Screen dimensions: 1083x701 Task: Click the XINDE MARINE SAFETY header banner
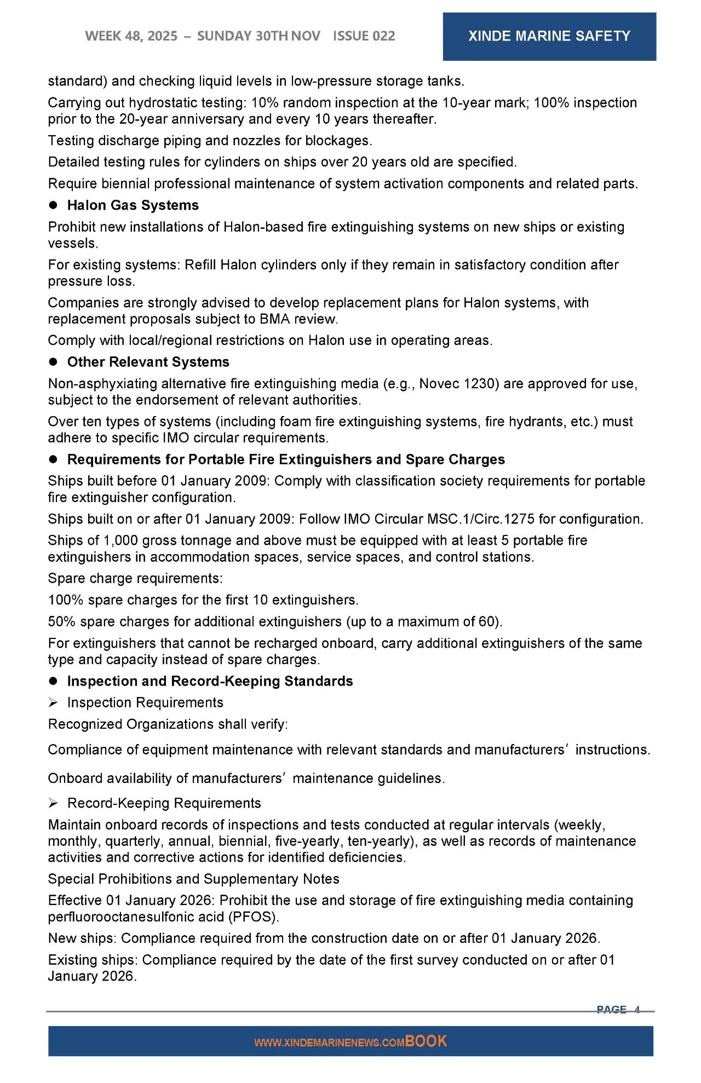pyautogui.click(x=549, y=36)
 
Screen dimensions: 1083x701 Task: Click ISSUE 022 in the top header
pyautogui.click(x=364, y=36)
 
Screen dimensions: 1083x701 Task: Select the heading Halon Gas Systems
pyautogui.click(x=133, y=205)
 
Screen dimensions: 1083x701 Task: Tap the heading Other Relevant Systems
pyautogui.click(x=148, y=362)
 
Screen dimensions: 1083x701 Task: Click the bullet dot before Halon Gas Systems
pyautogui.click(x=54, y=205)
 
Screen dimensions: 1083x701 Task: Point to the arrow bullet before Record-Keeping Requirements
pyautogui.click(x=53, y=803)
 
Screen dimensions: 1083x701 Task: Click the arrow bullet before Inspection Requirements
pyautogui.click(x=53, y=702)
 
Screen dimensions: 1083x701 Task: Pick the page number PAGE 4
pyautogui.click(x=618, y=1009)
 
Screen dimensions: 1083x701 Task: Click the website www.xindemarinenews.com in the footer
pyautogui.click(x=329, y=1043)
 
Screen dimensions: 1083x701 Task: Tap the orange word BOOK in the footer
pyautogui.click(x=426, y=1041)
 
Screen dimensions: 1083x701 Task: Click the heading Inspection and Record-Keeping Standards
pyautogui.click(x=210, y=681)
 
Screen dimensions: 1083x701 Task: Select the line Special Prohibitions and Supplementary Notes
pyautogui.click(x=193, y=879)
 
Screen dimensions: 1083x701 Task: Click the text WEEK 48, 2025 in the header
pyautogui.click(x=131, y=36)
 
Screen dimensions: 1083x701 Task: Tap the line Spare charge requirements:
pyautogui.click(x=135, y=579)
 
